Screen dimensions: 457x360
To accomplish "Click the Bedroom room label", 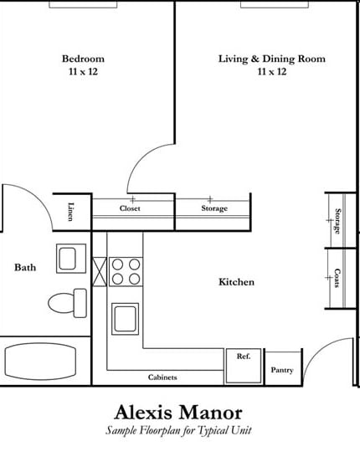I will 83,59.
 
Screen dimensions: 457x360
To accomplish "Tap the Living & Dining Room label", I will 271,59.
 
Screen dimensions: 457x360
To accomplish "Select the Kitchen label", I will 236,282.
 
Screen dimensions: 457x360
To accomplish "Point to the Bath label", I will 25,268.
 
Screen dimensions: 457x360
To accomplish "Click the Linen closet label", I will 70,213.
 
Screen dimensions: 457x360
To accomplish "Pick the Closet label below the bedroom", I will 130,208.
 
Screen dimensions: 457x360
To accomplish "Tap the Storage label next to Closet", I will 213,208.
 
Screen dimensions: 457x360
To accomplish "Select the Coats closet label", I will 337,279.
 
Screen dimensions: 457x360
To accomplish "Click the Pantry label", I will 282,370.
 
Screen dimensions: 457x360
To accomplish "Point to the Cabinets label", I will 162,377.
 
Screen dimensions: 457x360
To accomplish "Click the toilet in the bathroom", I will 67,302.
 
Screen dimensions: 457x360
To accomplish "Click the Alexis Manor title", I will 178,413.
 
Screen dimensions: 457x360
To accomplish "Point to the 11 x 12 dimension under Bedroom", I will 83,72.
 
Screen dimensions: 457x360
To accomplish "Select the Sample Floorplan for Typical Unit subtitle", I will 178,430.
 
